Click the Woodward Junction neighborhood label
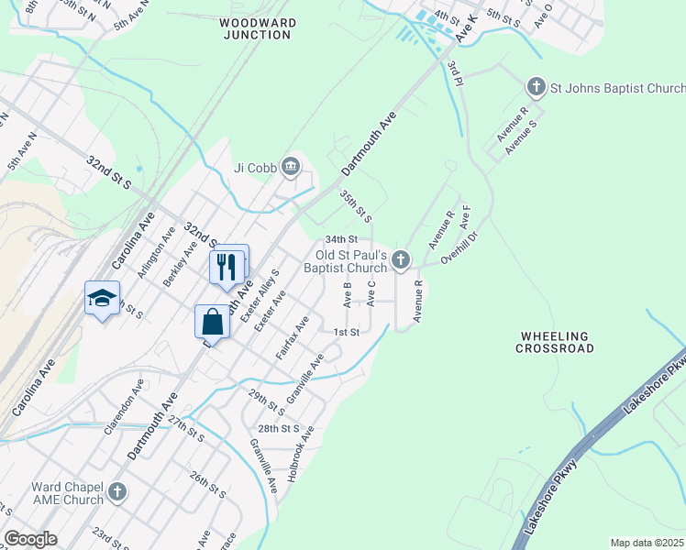pyautogui.click(x=257, y=27)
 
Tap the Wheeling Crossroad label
pyautogui.click(x=555, y=342)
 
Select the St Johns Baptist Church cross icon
pyautogui.click(x=537, y=88)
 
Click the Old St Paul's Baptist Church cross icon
pyautogui.click(x=400, y=261)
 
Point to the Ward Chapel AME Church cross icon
pyautogui.click(x=116, y=493)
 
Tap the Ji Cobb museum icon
pyautogui.click(x=291, y=166)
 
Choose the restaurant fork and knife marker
pyautogui.click(x=227, y=266)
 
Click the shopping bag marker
pyautogui.click(x=212, y=323)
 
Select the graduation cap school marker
pyautogui.click(x=103, y=297)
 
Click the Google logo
pyautogui.click(x=31, y=539)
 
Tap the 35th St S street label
pyautogui.click(x=355, y=207)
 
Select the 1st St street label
pyautogui.click(x=346, y=332)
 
